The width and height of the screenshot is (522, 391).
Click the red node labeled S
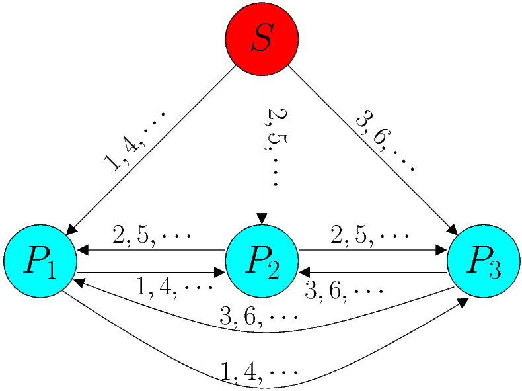click(x=262, y=40)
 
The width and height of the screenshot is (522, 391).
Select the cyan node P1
click(x=40, y=261)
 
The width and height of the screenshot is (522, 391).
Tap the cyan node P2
click(x=262, y=261)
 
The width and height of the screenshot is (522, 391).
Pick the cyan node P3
click(x=483, y=261)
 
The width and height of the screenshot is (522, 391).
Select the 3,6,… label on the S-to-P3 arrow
click(x=385, y=141)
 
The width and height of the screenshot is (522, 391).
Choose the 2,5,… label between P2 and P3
click(x=370, y=236)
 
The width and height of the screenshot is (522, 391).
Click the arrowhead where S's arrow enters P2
click(x=262, y=219)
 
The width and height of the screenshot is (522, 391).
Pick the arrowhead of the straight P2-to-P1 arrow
click(x=83, y=251)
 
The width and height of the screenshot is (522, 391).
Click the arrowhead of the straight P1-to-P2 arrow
click(x=219, y=272)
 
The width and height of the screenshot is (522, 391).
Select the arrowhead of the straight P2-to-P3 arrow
click(x=441, y=251)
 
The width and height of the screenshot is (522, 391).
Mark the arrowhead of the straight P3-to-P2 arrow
click(x=304, y=272)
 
